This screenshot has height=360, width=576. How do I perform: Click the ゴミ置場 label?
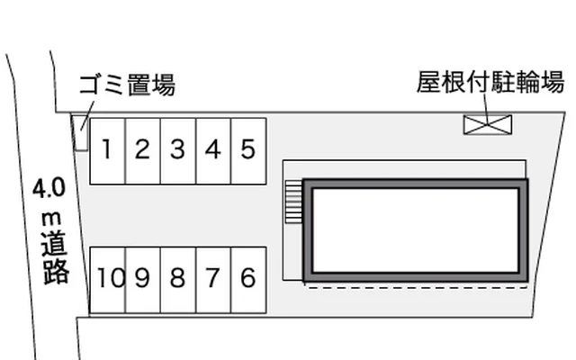[127, 85]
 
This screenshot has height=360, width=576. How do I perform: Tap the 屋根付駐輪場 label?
[490, 84]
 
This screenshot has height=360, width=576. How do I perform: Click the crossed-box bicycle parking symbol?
[487, 124]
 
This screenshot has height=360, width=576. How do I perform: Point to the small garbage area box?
[81, 133]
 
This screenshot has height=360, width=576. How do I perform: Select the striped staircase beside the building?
[292, 200]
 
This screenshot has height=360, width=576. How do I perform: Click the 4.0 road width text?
[49, 189]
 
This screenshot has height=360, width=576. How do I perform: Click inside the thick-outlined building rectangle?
[415, 229]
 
